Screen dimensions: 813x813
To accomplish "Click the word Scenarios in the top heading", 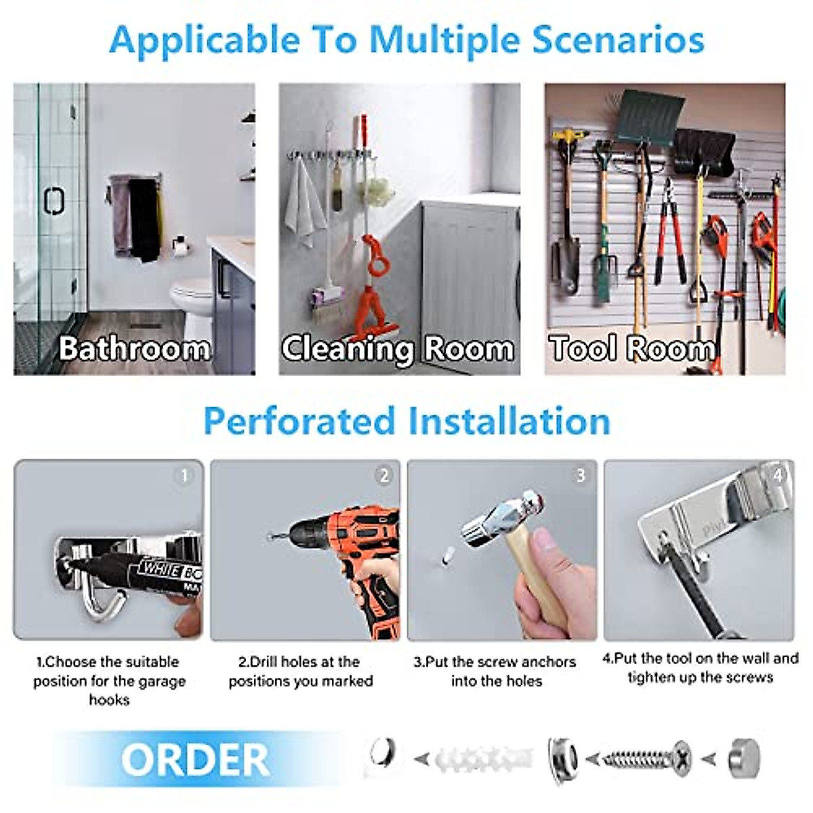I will [x=618, y=39].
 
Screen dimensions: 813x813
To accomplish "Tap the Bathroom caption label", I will [x=134, y=348].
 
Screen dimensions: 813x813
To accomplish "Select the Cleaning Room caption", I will [x=398, y=348].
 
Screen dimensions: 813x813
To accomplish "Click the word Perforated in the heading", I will [x=299, y=421].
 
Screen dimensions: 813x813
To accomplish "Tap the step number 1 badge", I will [x=184, y=476].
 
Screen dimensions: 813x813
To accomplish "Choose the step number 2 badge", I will [x=383, y=476].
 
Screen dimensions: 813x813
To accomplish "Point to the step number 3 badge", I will [x=580, y=476].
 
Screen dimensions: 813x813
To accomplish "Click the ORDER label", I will [x=195, y=760].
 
